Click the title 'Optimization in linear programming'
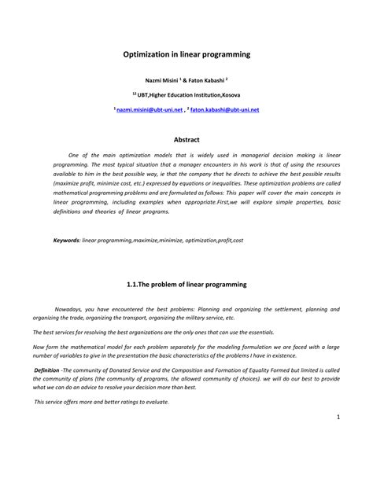tap(186, 55)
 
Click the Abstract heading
tap(186, 139)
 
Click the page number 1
tap(337, 440)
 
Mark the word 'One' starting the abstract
tap(75, 156)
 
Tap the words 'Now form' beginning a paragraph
tap(46, 346)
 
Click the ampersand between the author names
tap(186, 80)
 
